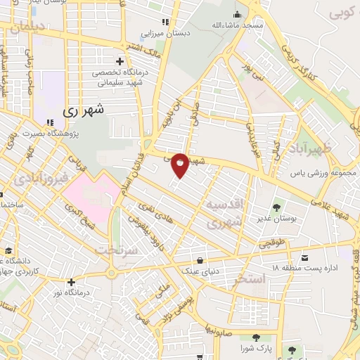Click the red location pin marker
click(181, 165)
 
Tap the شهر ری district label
click(83, 110)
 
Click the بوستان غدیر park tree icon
click(279, 207)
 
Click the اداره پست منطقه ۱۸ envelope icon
click(305, 258)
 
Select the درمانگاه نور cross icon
click(71, 282)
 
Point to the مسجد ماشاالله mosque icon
click(238, 13)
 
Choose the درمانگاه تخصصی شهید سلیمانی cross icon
click(121, 61)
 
